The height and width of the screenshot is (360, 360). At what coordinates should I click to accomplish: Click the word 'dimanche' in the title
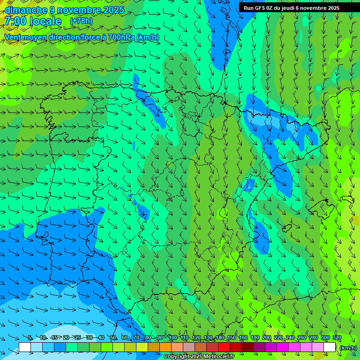(x=26, y=10)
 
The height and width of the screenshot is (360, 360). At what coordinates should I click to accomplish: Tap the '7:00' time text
(x=15, y=21)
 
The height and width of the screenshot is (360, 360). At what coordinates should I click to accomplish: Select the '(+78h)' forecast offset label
(x=81, y=21)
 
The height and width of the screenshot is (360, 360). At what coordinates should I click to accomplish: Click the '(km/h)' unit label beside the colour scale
(x=348, y=347)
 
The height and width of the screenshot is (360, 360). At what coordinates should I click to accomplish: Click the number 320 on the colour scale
(x=337, y=337)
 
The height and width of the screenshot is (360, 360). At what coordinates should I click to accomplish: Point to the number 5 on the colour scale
(x=30, y=337)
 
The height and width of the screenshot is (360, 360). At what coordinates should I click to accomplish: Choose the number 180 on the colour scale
(x=255, y=337)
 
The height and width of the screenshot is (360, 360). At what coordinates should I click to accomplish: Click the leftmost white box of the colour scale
(x=25, y=347)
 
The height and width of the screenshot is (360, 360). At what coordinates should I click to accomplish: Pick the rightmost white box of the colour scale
(x=330, y=347)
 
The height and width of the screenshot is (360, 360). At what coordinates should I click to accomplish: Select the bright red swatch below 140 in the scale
(x=224, y=347)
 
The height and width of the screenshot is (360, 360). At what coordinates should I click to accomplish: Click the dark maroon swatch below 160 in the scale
(x=247, y=347)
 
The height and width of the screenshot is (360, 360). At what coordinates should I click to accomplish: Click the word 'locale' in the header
(x=45, y=21)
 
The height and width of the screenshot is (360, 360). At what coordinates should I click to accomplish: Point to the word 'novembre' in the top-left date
(x=80, y=10)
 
